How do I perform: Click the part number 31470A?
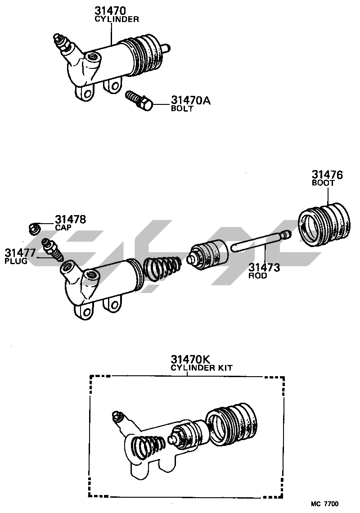[x=190, y=100]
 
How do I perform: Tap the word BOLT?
[x=182, y=108]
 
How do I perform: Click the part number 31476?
[x=327, y=175]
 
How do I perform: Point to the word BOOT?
[x=323, y=183]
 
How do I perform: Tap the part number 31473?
[x=264, y=268]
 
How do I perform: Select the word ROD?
[x=257, y=275]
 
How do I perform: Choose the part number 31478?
[x=70, y=219]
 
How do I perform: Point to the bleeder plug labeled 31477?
[x=52, y=249]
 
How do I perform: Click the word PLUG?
[x=16, y=261]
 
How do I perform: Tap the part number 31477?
[x=20, y=253]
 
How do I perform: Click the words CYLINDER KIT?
[x=202, y=368]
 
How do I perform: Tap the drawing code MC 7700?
[x=324, y=504]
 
